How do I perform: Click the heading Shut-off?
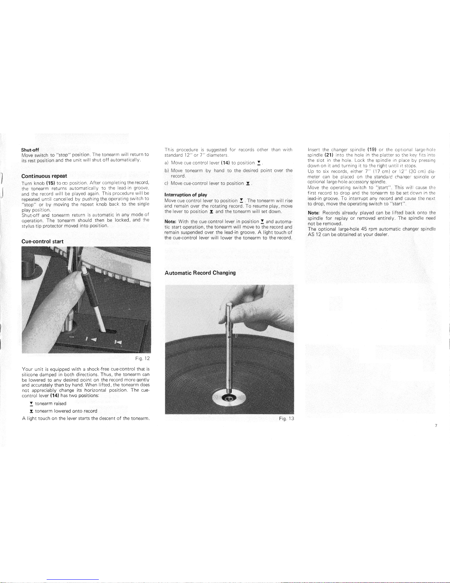click(30, 150)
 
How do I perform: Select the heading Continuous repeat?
click(44, 176)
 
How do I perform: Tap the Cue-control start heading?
click(42, 241)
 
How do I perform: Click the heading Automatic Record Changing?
click(200, 273)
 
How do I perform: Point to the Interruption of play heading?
click(186, 195)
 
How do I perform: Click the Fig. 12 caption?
click(142, 358)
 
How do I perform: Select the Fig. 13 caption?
click(286, 418)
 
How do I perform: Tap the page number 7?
click(436, 426)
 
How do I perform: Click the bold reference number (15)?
click(51, 183)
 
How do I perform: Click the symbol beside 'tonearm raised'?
click(31, 404)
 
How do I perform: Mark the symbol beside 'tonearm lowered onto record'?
click(31, 411)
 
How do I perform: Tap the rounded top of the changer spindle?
click(229, 305)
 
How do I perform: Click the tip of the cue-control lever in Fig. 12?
click(84, 267)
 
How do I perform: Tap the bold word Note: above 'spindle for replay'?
click(314, 213)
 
